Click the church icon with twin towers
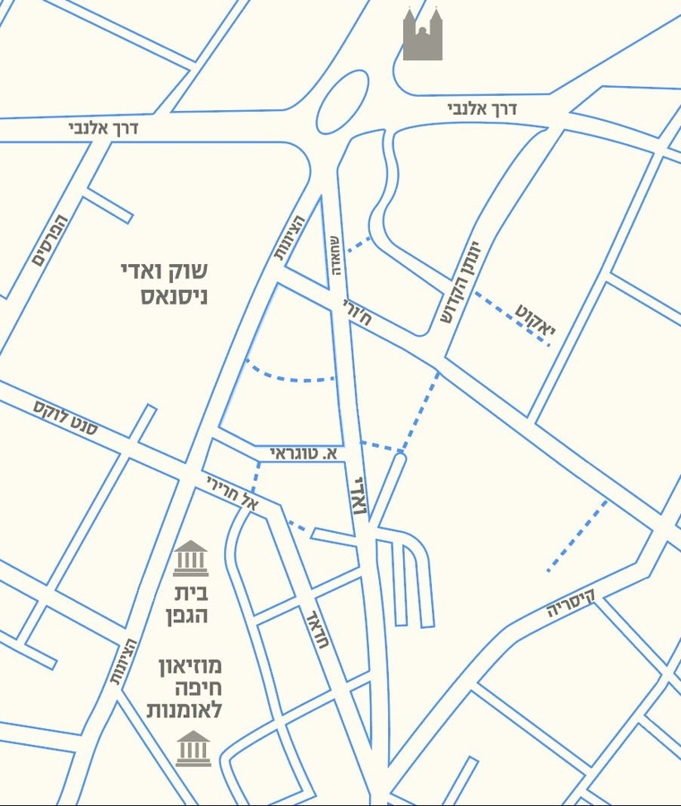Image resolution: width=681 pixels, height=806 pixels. [423, 35]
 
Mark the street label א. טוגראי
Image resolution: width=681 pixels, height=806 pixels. [306, 456]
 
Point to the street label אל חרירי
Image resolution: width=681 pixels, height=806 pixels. [233, 494]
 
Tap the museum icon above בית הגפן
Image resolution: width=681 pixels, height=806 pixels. [190, 559]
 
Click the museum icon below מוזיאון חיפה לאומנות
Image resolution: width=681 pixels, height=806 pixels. [193, 749]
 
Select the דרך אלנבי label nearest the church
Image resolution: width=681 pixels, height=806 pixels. [483, 109]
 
